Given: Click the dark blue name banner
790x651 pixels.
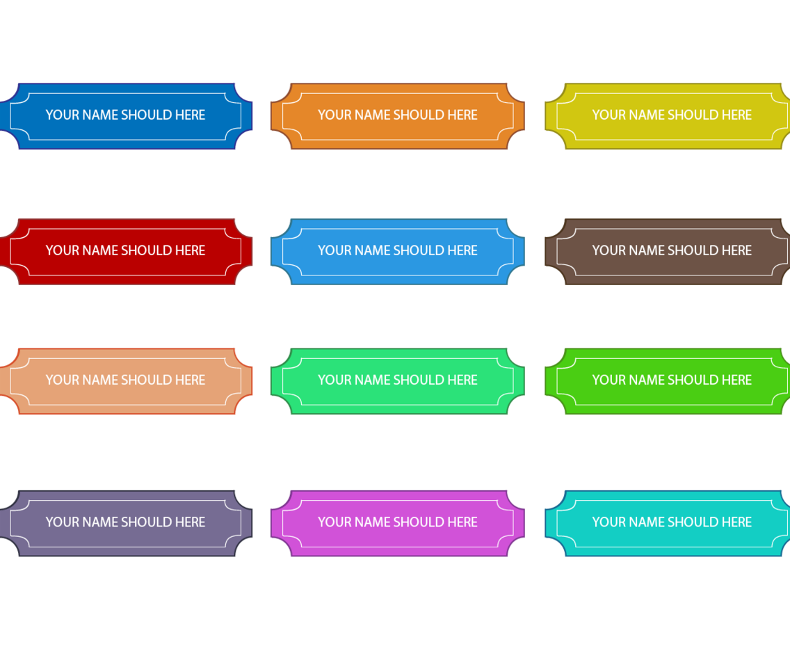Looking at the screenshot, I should [x=125, y=132].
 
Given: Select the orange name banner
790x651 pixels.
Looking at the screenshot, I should [x=398, y=132].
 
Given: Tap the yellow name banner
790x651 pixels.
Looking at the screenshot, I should [x=672, y=132].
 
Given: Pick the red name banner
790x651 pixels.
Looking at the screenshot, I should [x=125, y=268].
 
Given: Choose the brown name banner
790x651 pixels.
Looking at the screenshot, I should [x=672, y=268].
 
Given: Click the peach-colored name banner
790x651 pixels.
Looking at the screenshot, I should [x=125, y=397].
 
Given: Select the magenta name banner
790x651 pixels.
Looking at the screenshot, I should [x=398, y=539].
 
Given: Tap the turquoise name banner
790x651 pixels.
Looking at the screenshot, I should [x=672, y=539].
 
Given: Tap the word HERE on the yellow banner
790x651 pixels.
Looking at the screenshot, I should [x=736, y=115].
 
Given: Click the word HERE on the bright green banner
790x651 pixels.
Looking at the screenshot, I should [x=736, y=380].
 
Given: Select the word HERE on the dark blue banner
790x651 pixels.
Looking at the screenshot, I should [x=190, y=115].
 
